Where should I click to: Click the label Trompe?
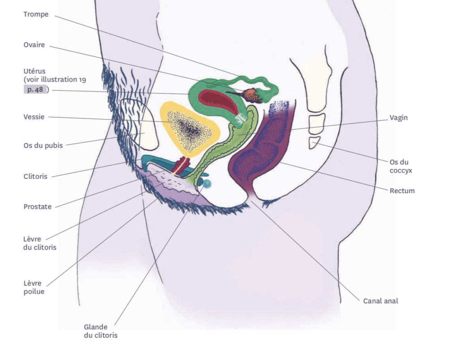pyautogui.click(x=36, y=14)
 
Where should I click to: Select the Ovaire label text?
pyautogui.click(x=34, y=45)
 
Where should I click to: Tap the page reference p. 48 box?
pyautogui.click(x=35, y=89)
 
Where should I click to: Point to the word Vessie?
pyautogui.click(x=34, y=117)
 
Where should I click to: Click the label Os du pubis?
pyautogui.click(x=43, y=145)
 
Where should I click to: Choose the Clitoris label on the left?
pyautogui.click(x=35, y=176)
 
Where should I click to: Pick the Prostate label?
pyautogui.click(x=37, y=207)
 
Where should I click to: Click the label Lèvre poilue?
pyautogui.click(x=34, y=287)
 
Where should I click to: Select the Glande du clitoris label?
pyautogui.click(x=100, y=331)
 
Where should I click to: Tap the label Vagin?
pyautogui.click(x=398, y=117)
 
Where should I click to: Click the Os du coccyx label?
pyautogui.click(x=401, y=166)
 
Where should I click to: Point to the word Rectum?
pyautogui.click(x=402, y=191)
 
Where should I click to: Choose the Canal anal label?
pyautogui.click(x=381, y=301)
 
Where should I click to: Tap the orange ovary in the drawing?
pyautogui.click(x=250, y=95)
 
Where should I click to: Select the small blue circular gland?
pyautogui.click(x=207, y=183)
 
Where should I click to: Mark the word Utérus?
pyautogui.click(x=35, y=71)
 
